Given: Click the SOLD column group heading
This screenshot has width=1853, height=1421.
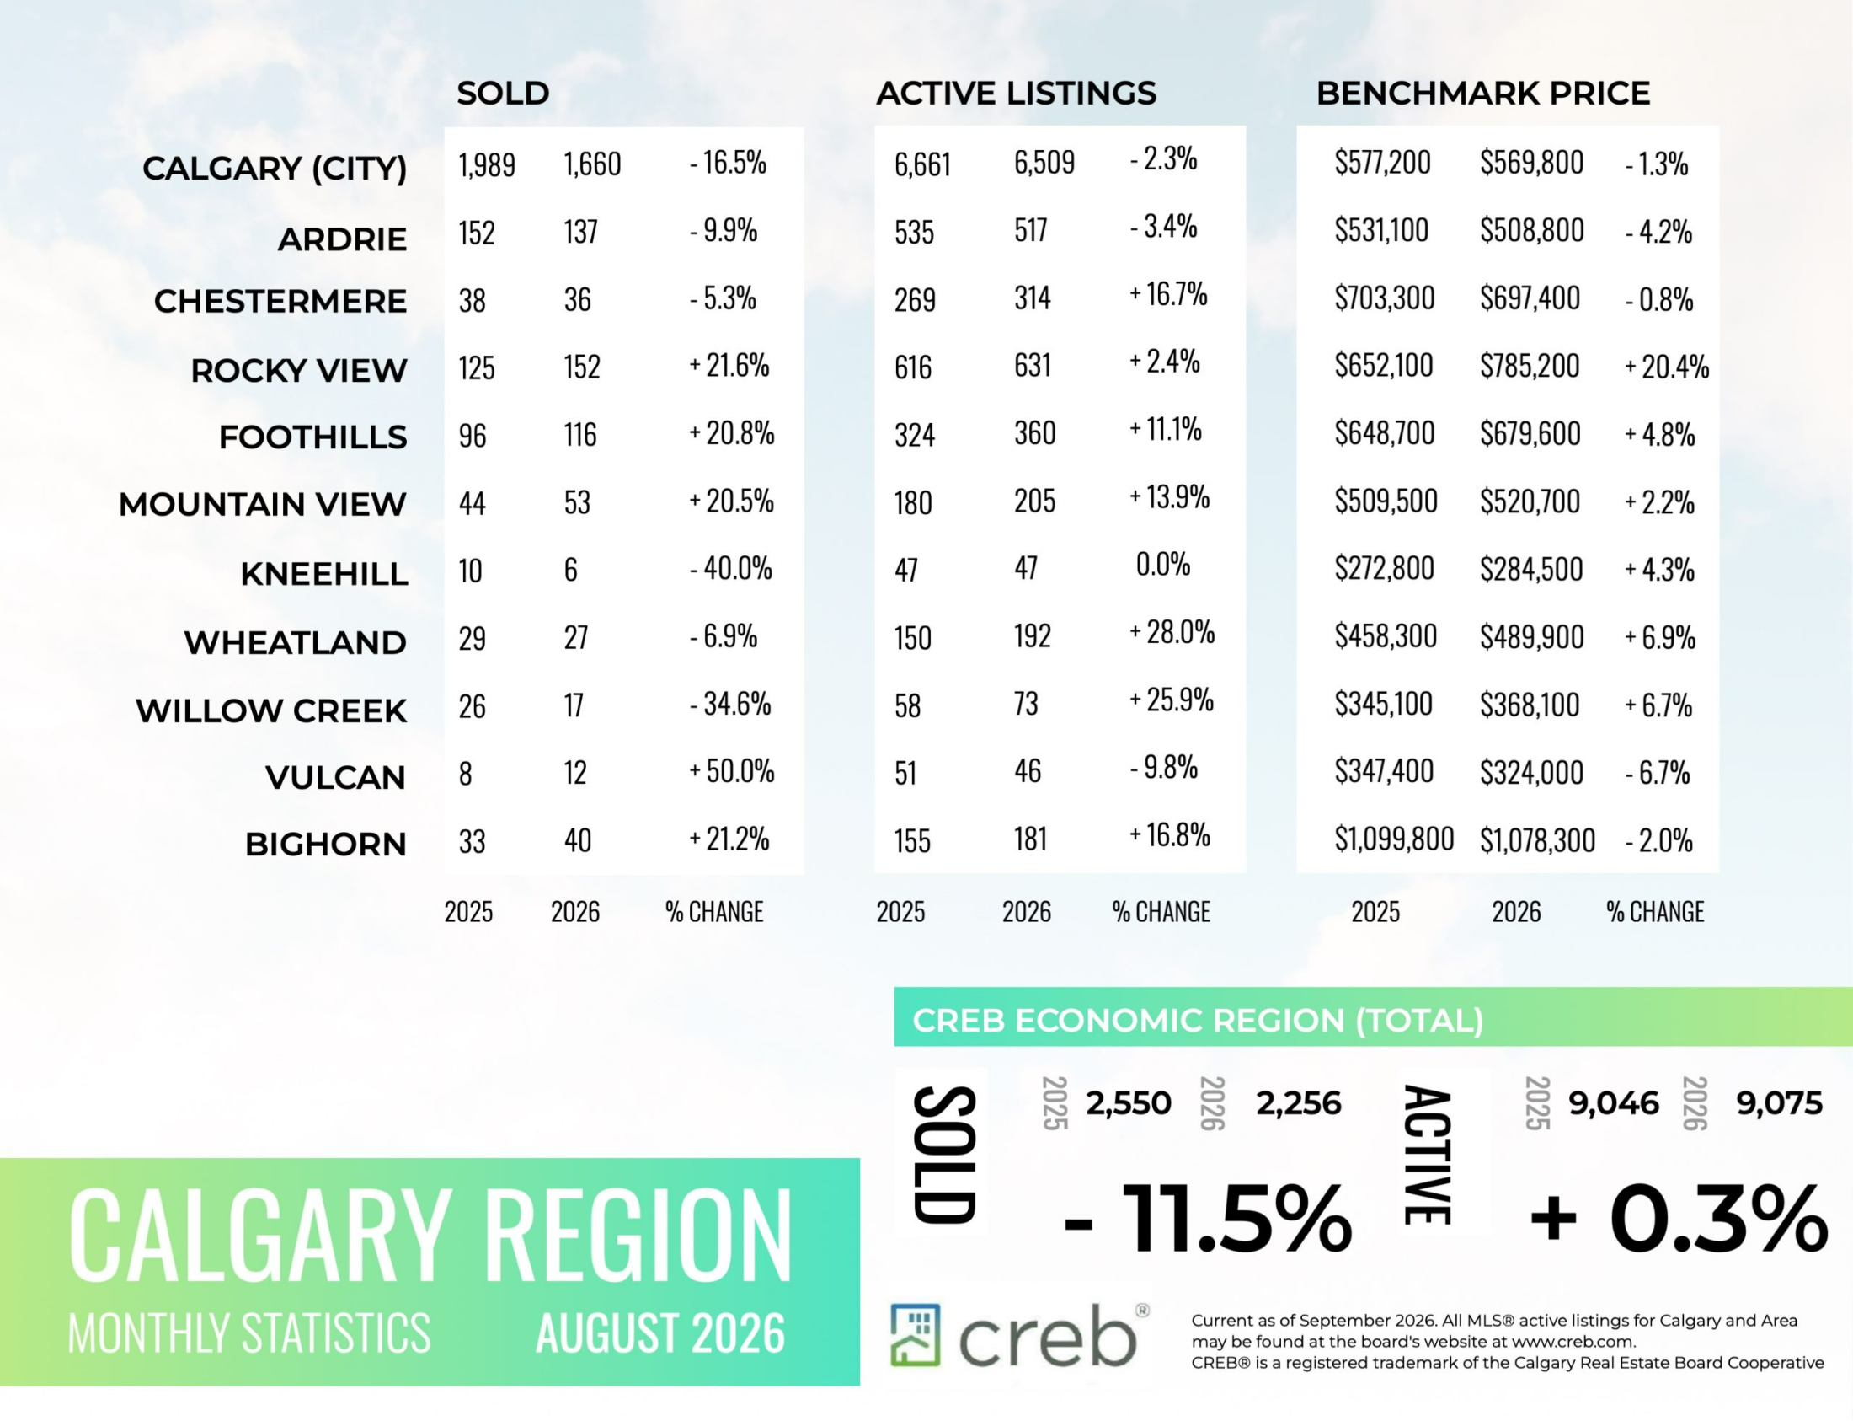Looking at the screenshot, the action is coord(503,93).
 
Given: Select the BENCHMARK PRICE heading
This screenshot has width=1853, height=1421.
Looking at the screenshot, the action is coord(1482,93).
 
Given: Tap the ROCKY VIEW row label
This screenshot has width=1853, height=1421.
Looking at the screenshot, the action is coord(298,371).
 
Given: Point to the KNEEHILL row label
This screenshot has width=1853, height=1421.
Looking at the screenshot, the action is coord(323,574).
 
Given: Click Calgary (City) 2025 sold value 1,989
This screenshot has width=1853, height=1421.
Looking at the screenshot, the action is coord(486,164).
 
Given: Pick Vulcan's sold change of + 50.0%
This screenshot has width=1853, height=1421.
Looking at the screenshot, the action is coord(731,771).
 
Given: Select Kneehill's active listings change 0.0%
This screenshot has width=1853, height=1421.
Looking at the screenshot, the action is coord(1162,564).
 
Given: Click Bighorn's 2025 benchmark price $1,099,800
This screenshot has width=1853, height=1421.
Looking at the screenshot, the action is coord(1394,839).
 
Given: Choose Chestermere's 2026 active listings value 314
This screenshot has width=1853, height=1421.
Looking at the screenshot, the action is coord(1032,298).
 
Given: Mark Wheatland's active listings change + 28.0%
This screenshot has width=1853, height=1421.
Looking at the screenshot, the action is coord(1172,632).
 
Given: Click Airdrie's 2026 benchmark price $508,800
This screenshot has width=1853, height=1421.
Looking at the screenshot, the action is coord(1532,230).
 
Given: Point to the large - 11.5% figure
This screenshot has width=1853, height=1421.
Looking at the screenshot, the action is coord(1208,1219).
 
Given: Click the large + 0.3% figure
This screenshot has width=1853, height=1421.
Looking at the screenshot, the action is coord(1678,1219).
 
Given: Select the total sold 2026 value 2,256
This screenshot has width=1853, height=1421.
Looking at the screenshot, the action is coord(1299,1104).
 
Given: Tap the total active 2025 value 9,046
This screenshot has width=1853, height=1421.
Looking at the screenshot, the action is coord(1614,1104).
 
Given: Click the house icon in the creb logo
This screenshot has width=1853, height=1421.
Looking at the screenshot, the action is coord(915,1335).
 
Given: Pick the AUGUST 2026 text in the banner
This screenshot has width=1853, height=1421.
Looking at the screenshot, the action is coord(660,1334).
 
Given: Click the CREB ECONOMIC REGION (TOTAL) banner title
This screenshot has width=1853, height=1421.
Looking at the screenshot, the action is coord(1198,1021).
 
